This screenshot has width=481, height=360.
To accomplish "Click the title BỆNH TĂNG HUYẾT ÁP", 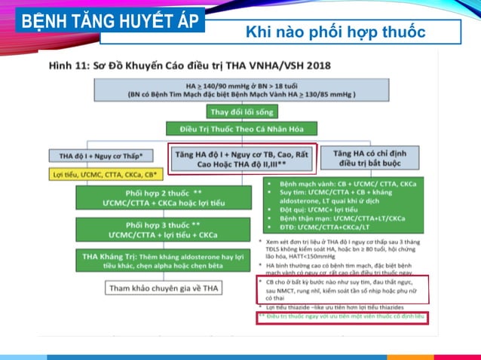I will click(x=110, y=20).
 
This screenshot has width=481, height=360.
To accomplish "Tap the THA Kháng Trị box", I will click(x=164, y=261).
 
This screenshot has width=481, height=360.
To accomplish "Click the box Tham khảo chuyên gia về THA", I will click(x=164, y=288).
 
